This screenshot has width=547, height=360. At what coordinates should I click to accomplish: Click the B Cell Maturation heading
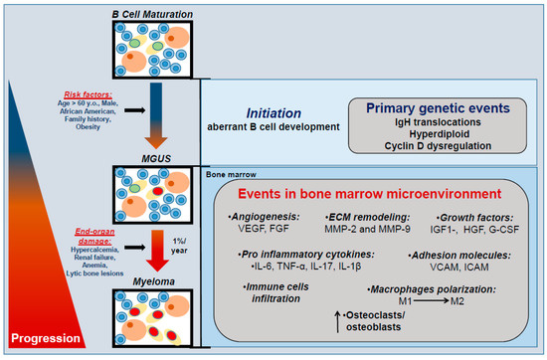click(x=152, y=14)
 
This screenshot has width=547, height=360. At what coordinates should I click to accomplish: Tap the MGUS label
click(x=156, y=159)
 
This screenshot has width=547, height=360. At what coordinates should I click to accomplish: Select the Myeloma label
click(x=153, y=281)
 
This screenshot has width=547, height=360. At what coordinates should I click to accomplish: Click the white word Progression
click(x=46, y=338)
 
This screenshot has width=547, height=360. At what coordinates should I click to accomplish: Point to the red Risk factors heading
click(x=88, y=94)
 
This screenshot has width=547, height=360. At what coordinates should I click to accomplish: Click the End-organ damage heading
click(x=94, y=236)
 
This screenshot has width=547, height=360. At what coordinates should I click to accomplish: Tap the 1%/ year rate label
click(x=179, y=246)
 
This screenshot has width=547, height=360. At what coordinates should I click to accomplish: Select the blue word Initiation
click(x=273, y=113)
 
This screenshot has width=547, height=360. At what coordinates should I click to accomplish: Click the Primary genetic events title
click(x=438, y=108)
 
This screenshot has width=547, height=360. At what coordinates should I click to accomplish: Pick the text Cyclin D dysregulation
click(x=438, y=146)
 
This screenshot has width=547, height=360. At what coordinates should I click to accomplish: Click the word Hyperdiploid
click(x=440, y=134)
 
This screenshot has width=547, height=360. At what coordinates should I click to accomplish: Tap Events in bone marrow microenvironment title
click(x=369, y=194)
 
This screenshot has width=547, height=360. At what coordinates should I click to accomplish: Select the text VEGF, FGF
click(x=264, y=229)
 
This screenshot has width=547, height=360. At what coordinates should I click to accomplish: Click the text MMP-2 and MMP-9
click(x=367, y=229)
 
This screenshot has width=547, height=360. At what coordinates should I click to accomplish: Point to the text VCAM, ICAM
click(x=459, y=267)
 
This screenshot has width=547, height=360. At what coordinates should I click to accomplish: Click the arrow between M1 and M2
click(x=432, y=300)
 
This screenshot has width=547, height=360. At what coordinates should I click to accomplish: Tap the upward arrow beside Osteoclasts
click(x=337, y=321)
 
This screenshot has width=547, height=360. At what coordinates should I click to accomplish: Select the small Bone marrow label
click(x=231, y=174)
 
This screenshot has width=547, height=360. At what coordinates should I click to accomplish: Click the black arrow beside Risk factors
click(x=135, y=110)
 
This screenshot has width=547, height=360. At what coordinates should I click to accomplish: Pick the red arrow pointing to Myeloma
click(x=157, y=251)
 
